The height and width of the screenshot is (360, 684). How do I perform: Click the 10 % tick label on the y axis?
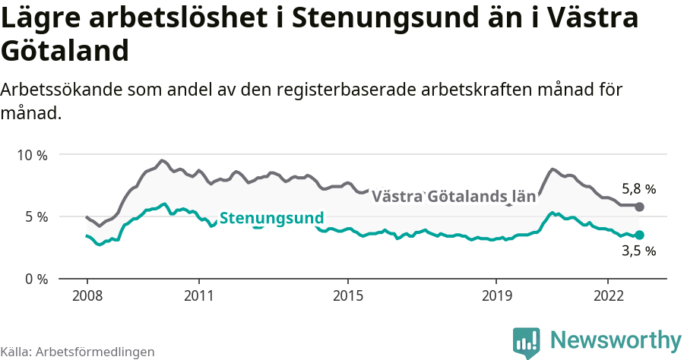tap(32, 155)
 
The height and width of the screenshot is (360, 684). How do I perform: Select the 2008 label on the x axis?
tap(87, 295)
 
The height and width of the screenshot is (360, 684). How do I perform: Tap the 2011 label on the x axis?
tap(198, 295)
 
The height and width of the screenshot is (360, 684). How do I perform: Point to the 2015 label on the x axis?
tap(347, 295)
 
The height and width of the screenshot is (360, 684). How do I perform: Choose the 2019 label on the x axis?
tap(496, 295)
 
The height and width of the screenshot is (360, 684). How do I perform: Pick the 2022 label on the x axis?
tap(608, 295)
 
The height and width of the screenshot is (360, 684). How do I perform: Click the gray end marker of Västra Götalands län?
tap(639, 207)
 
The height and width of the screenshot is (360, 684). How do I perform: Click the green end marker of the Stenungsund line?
tap(639, 235)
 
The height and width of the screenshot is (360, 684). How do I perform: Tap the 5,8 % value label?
tap(638, 189)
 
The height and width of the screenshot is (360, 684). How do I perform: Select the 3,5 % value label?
tap(638, 251)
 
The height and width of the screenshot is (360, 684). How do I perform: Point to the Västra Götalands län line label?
tap(453, 196)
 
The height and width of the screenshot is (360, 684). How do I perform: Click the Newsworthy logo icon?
tap(526, 342)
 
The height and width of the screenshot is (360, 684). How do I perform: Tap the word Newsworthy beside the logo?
tap(616, 339)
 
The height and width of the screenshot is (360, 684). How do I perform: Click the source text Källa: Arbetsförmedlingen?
tap(78, 352)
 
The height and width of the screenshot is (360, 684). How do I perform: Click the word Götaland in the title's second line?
tap(64, 51)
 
